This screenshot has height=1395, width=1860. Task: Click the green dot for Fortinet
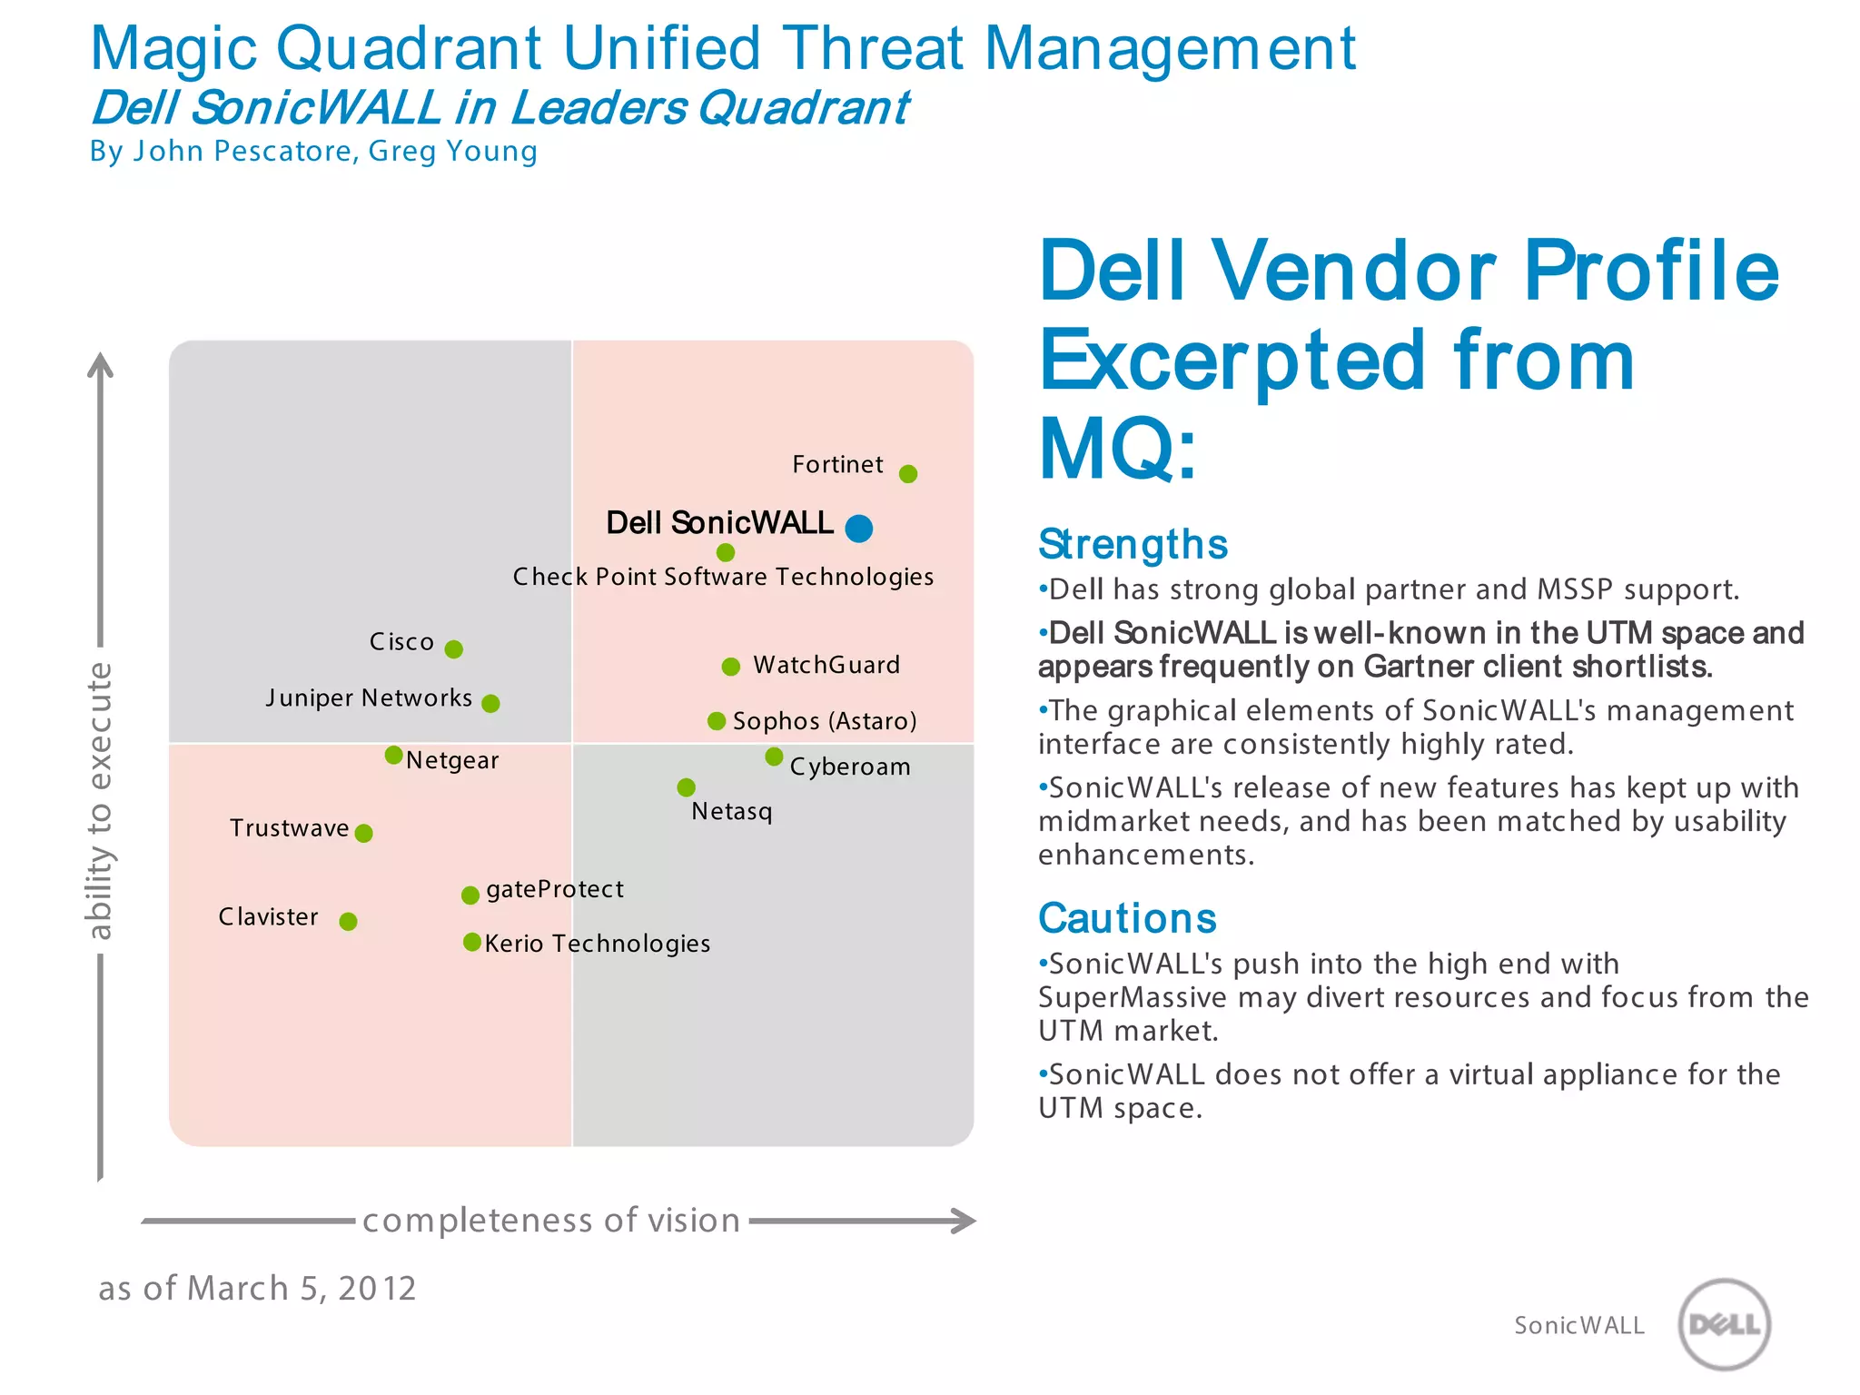coord(907,474)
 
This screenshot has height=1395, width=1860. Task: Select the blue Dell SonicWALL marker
coord(858,528)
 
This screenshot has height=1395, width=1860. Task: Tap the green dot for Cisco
coord(454,649)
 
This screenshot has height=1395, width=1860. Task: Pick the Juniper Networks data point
coord(490,704)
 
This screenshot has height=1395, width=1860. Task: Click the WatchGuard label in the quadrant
coord(826,666)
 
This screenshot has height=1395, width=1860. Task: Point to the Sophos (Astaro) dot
coord(717,721)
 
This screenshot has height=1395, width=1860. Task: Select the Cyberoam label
coord(849,767)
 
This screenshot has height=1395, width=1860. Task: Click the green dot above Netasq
coord(687,787)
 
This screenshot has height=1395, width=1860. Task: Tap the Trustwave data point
coord(363,834)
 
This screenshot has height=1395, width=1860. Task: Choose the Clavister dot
coord(348,922)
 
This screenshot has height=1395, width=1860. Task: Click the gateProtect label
coord(555,889)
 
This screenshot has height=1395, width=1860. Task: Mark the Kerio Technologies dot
coord(471,943)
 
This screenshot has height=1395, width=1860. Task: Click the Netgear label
coord(452,761)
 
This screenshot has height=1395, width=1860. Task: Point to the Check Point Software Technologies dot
coord(725,552)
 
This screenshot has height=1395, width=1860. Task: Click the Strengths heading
coord(1133,545)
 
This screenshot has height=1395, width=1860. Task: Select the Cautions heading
coord(1127,918)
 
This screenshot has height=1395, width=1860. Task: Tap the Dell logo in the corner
coord(1724,1324)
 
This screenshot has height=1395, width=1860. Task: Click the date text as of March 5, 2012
coord(257,1289)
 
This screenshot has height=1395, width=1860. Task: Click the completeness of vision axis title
coord(551,1221)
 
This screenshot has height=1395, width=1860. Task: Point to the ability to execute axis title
coord(99,800)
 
